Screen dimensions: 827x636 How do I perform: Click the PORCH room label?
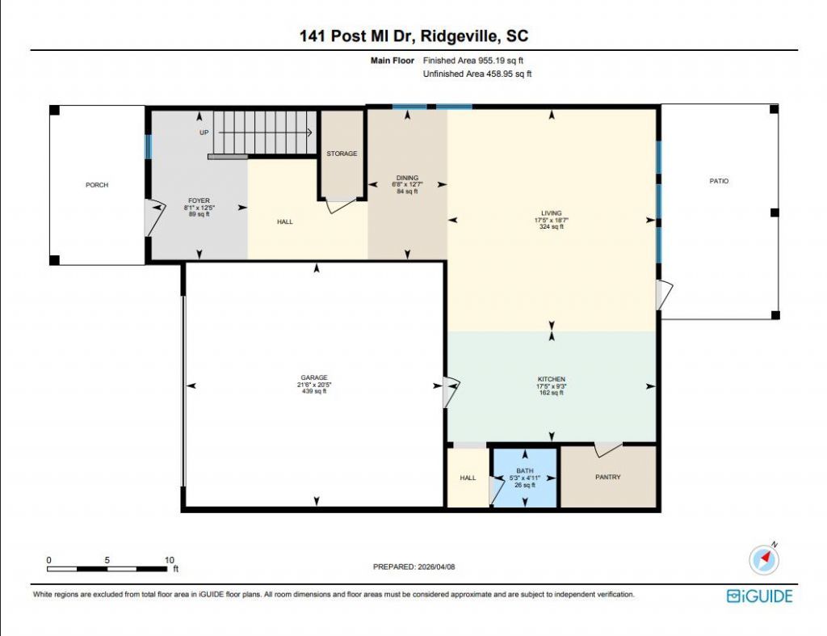97,185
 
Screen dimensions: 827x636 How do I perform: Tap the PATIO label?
719,181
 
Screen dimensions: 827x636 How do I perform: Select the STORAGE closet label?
342,154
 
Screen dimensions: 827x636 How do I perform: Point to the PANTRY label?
607,477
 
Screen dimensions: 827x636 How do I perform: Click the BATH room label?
525,471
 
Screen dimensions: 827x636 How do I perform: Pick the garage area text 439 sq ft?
314,391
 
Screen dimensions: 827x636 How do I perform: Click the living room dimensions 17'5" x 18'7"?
551,220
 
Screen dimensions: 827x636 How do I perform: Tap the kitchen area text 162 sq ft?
552,393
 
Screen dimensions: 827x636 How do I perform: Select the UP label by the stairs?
204,133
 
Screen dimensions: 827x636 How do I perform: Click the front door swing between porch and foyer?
154,217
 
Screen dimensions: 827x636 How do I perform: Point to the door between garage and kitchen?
451,392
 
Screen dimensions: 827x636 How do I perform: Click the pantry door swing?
608,449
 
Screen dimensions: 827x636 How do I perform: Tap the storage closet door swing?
341,206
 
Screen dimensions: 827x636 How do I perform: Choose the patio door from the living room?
665,295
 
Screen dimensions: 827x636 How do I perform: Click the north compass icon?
764,559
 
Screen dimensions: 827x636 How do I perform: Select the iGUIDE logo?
759,596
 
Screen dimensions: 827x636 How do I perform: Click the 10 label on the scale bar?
170,560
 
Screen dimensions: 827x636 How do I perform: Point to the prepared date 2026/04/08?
436,567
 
